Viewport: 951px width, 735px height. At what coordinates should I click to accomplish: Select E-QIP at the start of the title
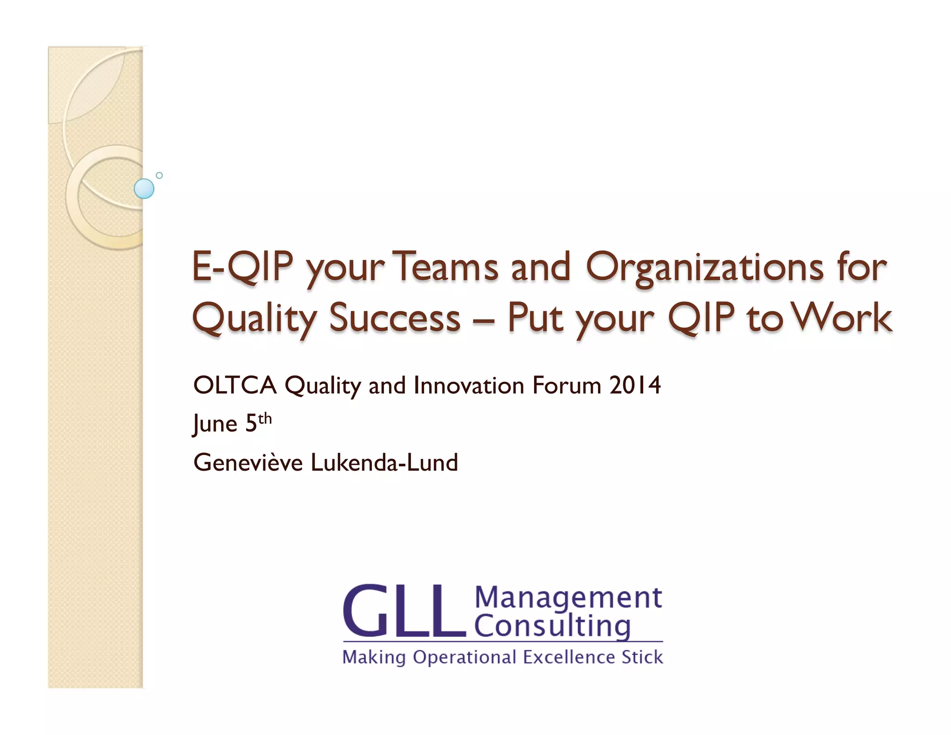pos(242,267)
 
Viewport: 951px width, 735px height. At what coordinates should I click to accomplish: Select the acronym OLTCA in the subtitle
pos(235,386)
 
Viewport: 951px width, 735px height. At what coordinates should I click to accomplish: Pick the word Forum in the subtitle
pos(567,386)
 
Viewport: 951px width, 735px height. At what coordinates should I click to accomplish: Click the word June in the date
pos(215,424)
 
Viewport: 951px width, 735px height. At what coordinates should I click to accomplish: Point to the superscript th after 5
pos(265,419)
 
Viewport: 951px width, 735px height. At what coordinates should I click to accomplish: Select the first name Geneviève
pos(248,463)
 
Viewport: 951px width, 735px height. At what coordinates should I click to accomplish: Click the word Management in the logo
pos(568,597)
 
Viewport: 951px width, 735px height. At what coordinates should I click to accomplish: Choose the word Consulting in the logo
pos(553,626)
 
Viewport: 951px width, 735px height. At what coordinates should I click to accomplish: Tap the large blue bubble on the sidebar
pos(144,189)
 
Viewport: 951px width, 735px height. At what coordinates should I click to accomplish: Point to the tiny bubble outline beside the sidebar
pos(159,176)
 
